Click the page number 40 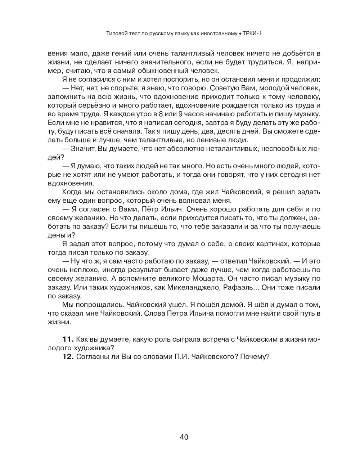[x=184, y=437]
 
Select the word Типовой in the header [x=116, y=34]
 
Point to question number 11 [x=68, y=339]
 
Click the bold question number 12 [x=68, y=357]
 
